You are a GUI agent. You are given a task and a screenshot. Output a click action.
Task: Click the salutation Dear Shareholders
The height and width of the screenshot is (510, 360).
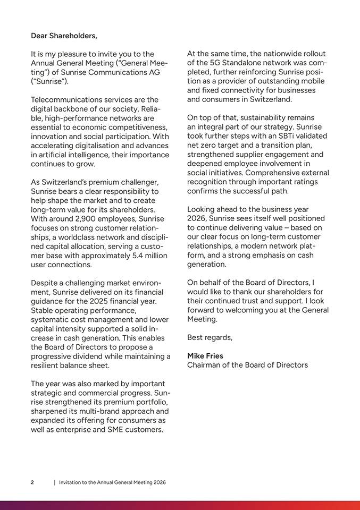click(64, 36)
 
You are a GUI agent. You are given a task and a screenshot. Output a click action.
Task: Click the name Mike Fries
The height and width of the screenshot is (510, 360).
click(205, 355)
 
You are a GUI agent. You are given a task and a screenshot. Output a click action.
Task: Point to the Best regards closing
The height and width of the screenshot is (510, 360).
click(210, 337)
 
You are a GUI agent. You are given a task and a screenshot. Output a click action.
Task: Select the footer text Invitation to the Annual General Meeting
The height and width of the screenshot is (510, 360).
click(112, 482)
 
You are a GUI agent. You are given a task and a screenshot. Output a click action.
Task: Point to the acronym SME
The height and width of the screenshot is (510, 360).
click(114, 429)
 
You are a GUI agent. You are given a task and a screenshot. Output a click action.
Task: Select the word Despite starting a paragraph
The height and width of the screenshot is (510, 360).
click(45, 283)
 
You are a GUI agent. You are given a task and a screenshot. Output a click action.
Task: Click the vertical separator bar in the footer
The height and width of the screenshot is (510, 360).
click(54, 482)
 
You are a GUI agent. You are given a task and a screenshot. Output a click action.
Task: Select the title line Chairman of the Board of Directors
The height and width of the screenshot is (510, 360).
click(247, 365)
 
